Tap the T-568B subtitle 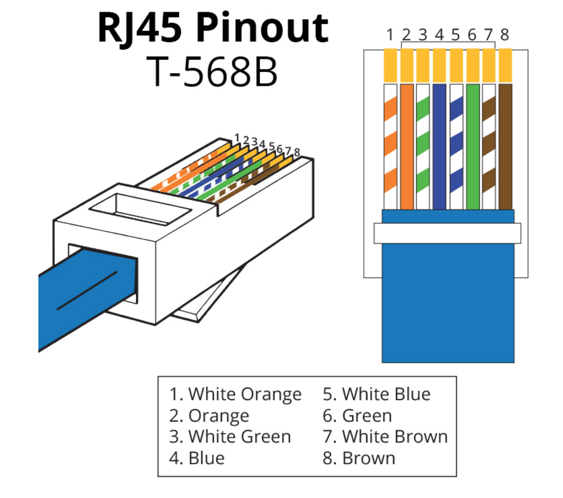tap(212, 71)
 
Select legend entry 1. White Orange tap(235, 395)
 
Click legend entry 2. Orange tap(209, 416)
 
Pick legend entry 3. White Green tap(230, 437)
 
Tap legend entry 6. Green tap(358, 416)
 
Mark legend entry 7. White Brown tap(385, 437)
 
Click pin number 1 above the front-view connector tap(390, 35)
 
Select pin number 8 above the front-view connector tap(505, 35)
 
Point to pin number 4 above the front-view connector tap(439, 35)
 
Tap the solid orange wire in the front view tap(407, 147)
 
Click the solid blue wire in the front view tap(439, 147)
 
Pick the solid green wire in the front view tap(473, 147)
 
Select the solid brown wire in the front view tap(505, 147)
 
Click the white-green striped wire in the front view tap(423, 147)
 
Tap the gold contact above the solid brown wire tap(505, 65)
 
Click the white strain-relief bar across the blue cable tap(447, 233)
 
